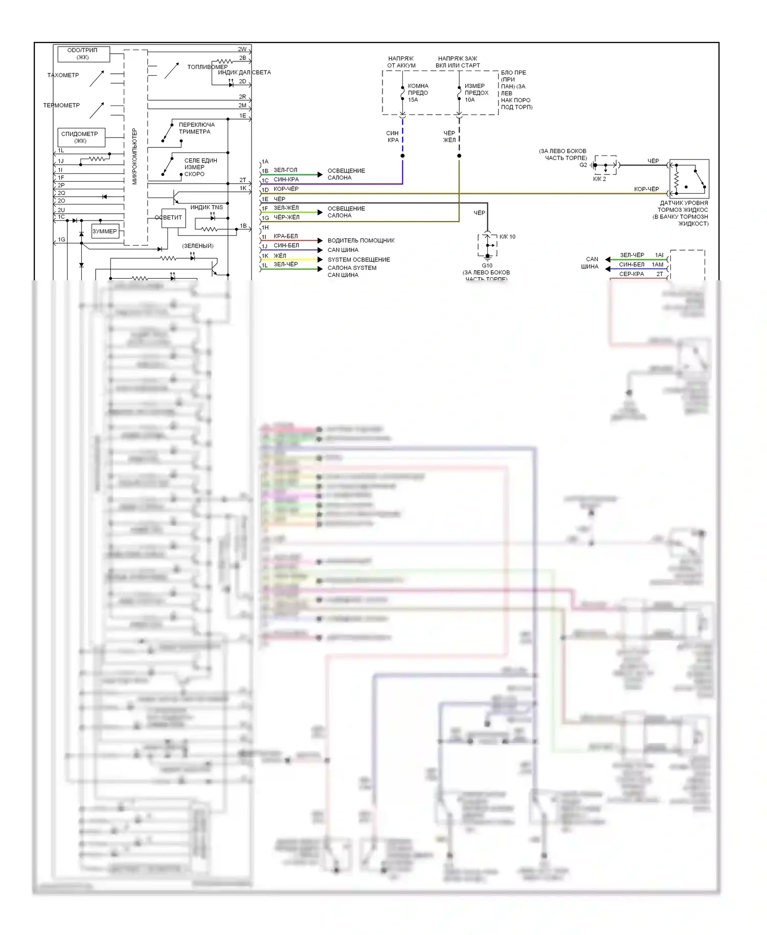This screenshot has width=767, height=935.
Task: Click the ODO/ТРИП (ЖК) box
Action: (x=83, y=54)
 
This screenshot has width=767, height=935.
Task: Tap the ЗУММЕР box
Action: (x=105, y=231)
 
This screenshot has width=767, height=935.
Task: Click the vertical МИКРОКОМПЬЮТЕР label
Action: (x=135, y=157)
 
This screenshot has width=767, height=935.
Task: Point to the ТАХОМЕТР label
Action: (x=63, y=75)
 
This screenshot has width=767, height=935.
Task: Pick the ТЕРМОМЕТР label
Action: (x=61, y=105)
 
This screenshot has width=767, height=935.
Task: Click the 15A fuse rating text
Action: (x=413, y=100)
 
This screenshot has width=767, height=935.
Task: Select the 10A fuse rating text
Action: (x=470, y=100)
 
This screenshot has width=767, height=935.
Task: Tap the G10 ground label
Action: (x=487, y=265)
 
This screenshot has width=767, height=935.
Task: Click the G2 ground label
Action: (x=583, y=165)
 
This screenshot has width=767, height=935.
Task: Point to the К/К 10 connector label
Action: (x=507, y=237)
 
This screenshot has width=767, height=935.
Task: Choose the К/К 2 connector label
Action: (x=599, y=179)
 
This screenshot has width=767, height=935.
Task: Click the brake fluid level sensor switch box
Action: (x=689, y=179)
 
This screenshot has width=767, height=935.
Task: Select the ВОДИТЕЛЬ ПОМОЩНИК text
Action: (x=361, y=240)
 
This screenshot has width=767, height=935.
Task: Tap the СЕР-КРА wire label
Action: (x=631, y=274)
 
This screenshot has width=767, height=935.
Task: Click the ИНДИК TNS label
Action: (x=207, y=207)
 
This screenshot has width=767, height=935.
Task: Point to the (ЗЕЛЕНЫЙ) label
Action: (x=198, y=246)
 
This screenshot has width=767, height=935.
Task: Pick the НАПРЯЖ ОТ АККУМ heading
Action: (x=401, y=62)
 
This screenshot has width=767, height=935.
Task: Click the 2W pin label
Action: (x=242, y=50)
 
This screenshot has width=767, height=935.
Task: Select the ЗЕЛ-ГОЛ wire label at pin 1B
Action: (x=285, y=170)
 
